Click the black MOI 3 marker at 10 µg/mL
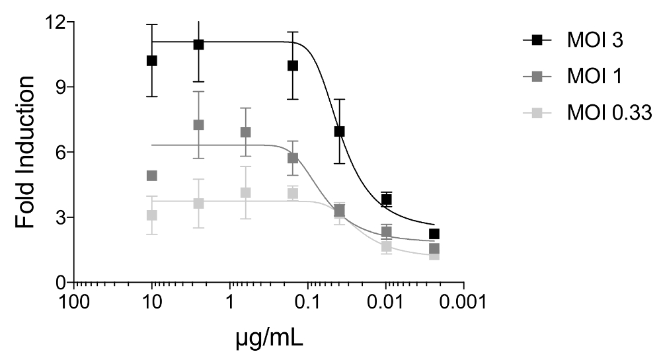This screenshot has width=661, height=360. click(152, 61)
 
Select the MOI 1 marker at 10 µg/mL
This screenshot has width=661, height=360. click(152, 176)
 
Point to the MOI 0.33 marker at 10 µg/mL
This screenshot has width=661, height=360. click(152, 215)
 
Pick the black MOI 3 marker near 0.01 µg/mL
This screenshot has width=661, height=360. click(387, 199)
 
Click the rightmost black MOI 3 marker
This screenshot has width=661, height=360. click(434, 234)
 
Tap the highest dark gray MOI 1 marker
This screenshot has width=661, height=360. click(198, 125)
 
